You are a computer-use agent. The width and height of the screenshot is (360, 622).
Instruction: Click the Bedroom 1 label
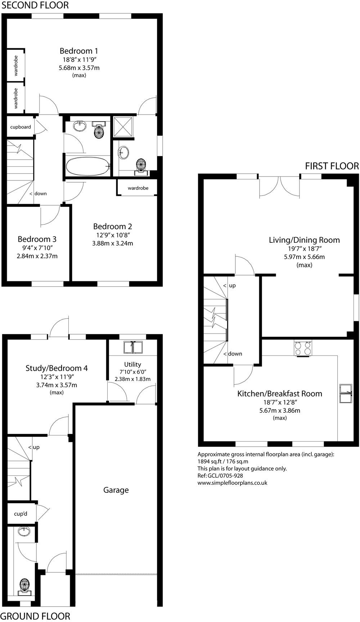[78, 51]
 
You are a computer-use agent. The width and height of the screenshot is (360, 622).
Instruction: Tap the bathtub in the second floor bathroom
[87, 166]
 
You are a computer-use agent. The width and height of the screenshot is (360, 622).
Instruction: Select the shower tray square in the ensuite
[123, 127]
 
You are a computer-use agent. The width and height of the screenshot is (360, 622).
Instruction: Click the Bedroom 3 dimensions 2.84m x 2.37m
[37, 256]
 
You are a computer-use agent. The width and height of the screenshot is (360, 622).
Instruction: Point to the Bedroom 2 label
[112, 226]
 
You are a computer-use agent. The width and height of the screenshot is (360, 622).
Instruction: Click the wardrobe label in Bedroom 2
[138, 188]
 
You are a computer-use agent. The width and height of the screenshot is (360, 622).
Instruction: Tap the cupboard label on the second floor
[21, 127]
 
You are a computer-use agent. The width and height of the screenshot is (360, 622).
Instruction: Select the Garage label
[116, 490]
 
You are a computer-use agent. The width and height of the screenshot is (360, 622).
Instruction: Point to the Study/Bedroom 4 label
[57, 368]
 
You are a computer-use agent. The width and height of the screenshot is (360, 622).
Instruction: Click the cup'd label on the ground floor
[21, 514]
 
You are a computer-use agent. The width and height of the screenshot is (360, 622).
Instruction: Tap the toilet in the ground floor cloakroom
[24, 585]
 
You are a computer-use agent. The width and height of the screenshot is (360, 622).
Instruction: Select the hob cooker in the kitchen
[303, 348]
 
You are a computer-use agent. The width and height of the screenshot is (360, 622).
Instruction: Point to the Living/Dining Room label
[304, 240]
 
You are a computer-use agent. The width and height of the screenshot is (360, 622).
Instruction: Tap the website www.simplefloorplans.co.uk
[232, 483]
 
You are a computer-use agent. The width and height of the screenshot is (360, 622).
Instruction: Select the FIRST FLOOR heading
[332, 166]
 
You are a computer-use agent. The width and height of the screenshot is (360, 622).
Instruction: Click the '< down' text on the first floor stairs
[233, 354]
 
